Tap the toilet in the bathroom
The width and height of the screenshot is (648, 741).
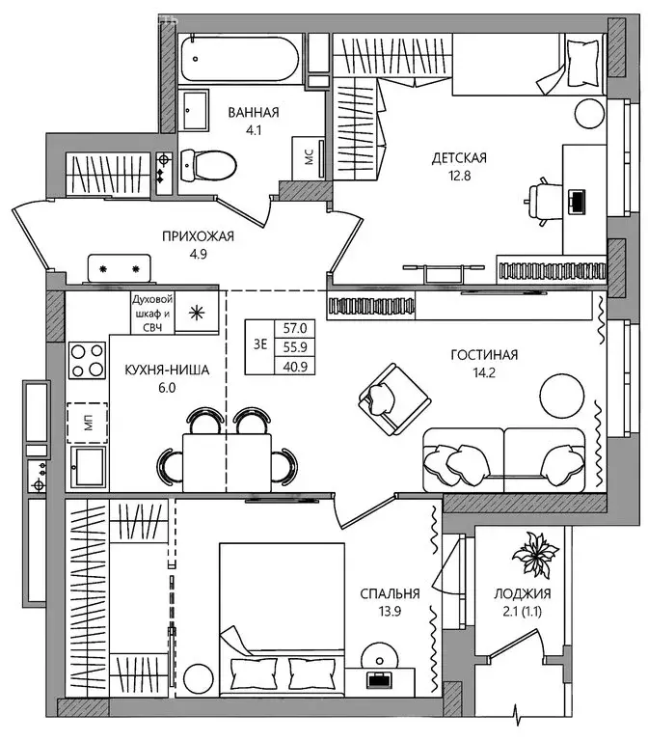(x=210, y=165)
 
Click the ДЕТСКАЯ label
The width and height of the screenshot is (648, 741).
(x=458, y=157)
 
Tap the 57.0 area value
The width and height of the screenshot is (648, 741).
(x=294, y=329)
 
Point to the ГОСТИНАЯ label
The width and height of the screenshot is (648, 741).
(x=484, y=355)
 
